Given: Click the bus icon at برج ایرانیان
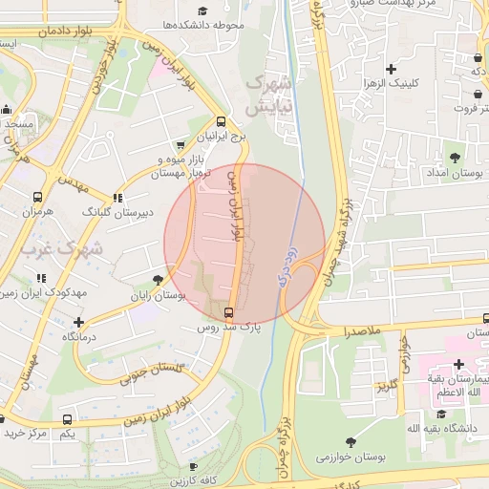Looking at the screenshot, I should click(x=222, y=121).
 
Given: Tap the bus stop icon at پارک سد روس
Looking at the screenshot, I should click(x=229, y=311).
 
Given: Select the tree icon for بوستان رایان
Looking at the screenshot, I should click(x=158, y=279).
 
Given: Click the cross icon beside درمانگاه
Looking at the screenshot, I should click(x=78, y=322).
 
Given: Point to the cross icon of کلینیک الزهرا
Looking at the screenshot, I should click(x=390, y=69).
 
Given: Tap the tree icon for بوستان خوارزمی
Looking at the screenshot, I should click(x=351, y=441).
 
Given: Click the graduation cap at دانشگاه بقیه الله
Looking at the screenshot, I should click(x=441, y=414).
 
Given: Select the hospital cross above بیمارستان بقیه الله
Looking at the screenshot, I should click(x=459, y=364).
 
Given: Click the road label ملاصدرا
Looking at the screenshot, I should click(x=355, y=330).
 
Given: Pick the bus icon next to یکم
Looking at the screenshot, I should click(x=67, y=419).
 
